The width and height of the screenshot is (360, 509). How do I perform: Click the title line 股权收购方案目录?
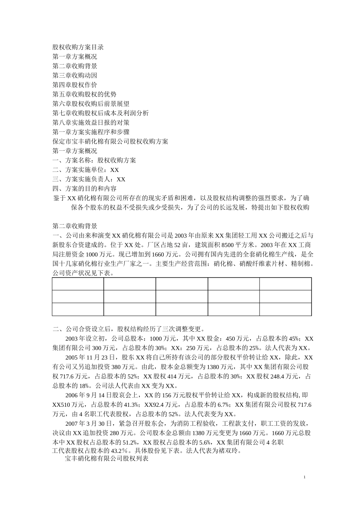78,47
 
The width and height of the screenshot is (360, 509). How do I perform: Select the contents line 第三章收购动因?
75,75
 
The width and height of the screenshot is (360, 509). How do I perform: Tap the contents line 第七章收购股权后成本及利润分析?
100,113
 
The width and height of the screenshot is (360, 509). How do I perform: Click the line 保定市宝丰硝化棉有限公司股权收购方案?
110,141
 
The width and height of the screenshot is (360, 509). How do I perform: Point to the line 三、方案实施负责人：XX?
89,179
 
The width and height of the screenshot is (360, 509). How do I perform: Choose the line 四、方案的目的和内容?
84,188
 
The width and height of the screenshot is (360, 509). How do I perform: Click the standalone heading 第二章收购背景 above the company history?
75,226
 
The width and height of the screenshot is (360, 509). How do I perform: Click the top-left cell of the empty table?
78,284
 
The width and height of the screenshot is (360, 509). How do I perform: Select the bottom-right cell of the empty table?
285,309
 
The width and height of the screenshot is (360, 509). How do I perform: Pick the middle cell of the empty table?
182,297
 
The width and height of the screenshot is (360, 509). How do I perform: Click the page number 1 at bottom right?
305,477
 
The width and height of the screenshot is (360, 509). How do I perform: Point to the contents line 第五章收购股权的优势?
84,94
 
